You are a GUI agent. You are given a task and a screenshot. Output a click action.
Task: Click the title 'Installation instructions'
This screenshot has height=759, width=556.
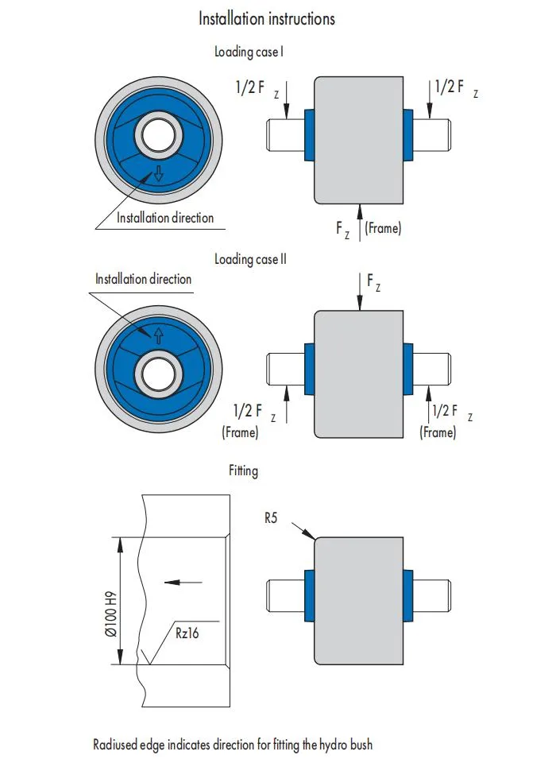click(x=266, y=18)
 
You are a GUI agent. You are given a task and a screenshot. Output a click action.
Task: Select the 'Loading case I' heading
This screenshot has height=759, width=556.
click(x=249, y=52)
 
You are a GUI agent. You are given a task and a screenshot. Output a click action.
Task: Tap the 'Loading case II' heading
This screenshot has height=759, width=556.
click(x=250, y=259)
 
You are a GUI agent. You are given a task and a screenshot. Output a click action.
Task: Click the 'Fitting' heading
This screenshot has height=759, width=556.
click(x=243, y=471)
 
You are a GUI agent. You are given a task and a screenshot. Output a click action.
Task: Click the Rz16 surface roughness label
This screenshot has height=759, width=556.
click(x=190, y=633)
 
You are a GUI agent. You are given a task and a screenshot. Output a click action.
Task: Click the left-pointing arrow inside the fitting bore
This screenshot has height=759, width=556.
click(x=182, y=583)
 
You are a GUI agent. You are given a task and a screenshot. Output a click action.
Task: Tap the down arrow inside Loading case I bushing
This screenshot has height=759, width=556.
click(x=158, y=175)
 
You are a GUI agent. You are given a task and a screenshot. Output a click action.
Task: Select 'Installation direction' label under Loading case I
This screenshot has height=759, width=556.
click(x=165, y=217)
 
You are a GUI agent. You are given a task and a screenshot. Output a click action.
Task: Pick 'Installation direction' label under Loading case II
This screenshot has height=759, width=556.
click(x=143, y=279)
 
